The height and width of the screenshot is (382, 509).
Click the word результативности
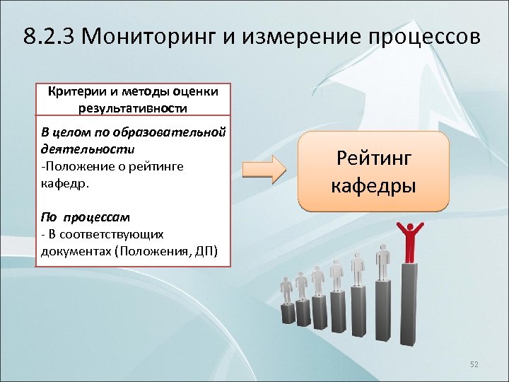[133, 108]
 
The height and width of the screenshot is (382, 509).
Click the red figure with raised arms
[408, 241]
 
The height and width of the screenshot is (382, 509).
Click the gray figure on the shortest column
[286, 290]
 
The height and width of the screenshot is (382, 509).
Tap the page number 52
[474, 364]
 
